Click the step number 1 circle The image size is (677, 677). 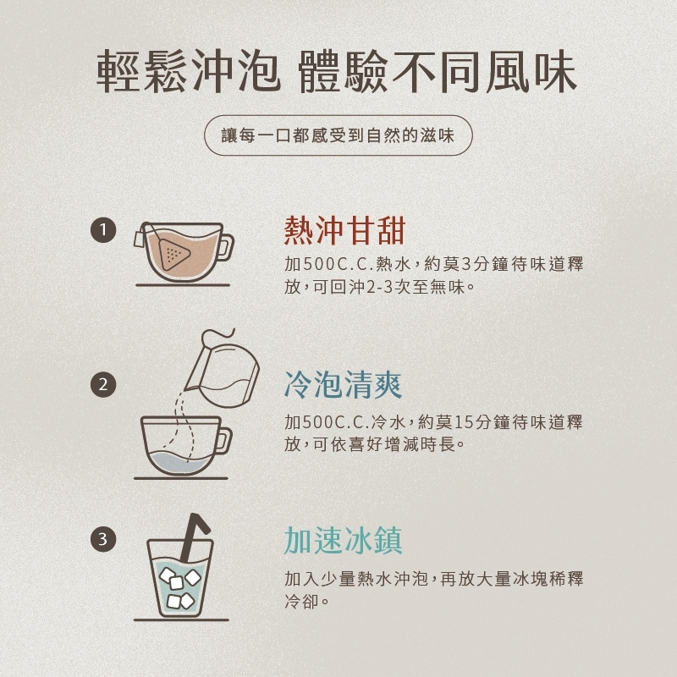point(103,229)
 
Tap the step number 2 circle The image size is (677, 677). point(103,384)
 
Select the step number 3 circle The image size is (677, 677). point(103,539)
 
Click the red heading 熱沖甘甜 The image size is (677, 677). point(344,230)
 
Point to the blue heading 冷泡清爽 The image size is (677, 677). point(344,384)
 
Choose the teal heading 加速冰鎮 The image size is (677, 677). point(344,540)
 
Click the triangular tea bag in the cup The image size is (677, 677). point(173,254)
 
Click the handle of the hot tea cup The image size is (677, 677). point(225,247)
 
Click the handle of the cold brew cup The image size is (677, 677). point(223,440)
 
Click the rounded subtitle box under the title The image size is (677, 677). point(338,135)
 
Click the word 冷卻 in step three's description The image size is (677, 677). point(302,601)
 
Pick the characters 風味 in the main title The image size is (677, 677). point(532,72)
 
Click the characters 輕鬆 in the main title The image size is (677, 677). point(141,72)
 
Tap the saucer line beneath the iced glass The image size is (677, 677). point(181,619)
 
